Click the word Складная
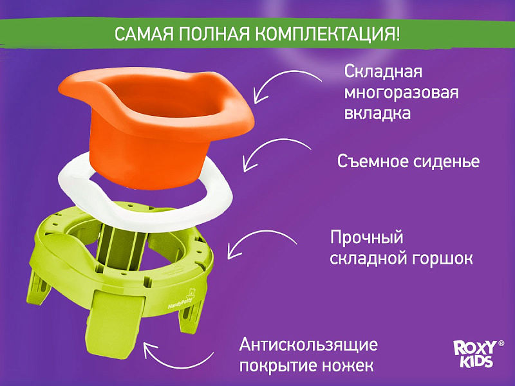click(383, 72)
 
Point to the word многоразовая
click(401, 93)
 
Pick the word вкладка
click(377, 113)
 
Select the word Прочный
click(366, 237)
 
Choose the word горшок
click(440, 259)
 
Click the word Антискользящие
click(308, 345)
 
